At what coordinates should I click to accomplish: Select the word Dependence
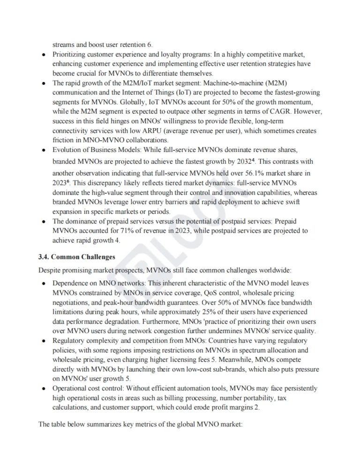click(69, 284)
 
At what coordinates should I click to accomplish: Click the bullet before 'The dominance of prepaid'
click(43, 221)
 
